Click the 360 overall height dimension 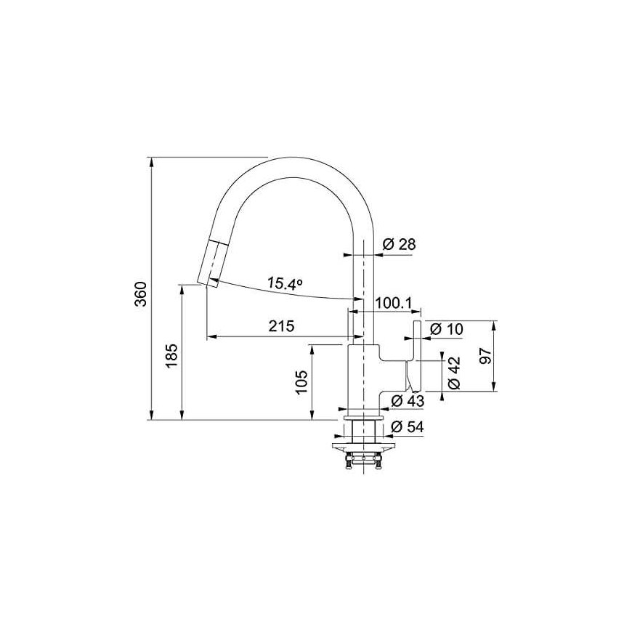point(141,293)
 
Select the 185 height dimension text point(172,355)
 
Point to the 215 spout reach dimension point(282,325)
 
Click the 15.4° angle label point(285,283)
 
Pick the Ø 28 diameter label point(399,244)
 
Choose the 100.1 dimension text point(393,303)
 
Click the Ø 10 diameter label point(447,329)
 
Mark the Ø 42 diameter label point(454,373)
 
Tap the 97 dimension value point(486,355)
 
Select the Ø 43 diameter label point(408,401)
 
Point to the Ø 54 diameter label point(408,426)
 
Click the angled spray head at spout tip point(209,264)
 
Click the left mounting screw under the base point(348,461)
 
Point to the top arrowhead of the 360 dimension point(152,161)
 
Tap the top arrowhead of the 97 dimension point(494,325)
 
